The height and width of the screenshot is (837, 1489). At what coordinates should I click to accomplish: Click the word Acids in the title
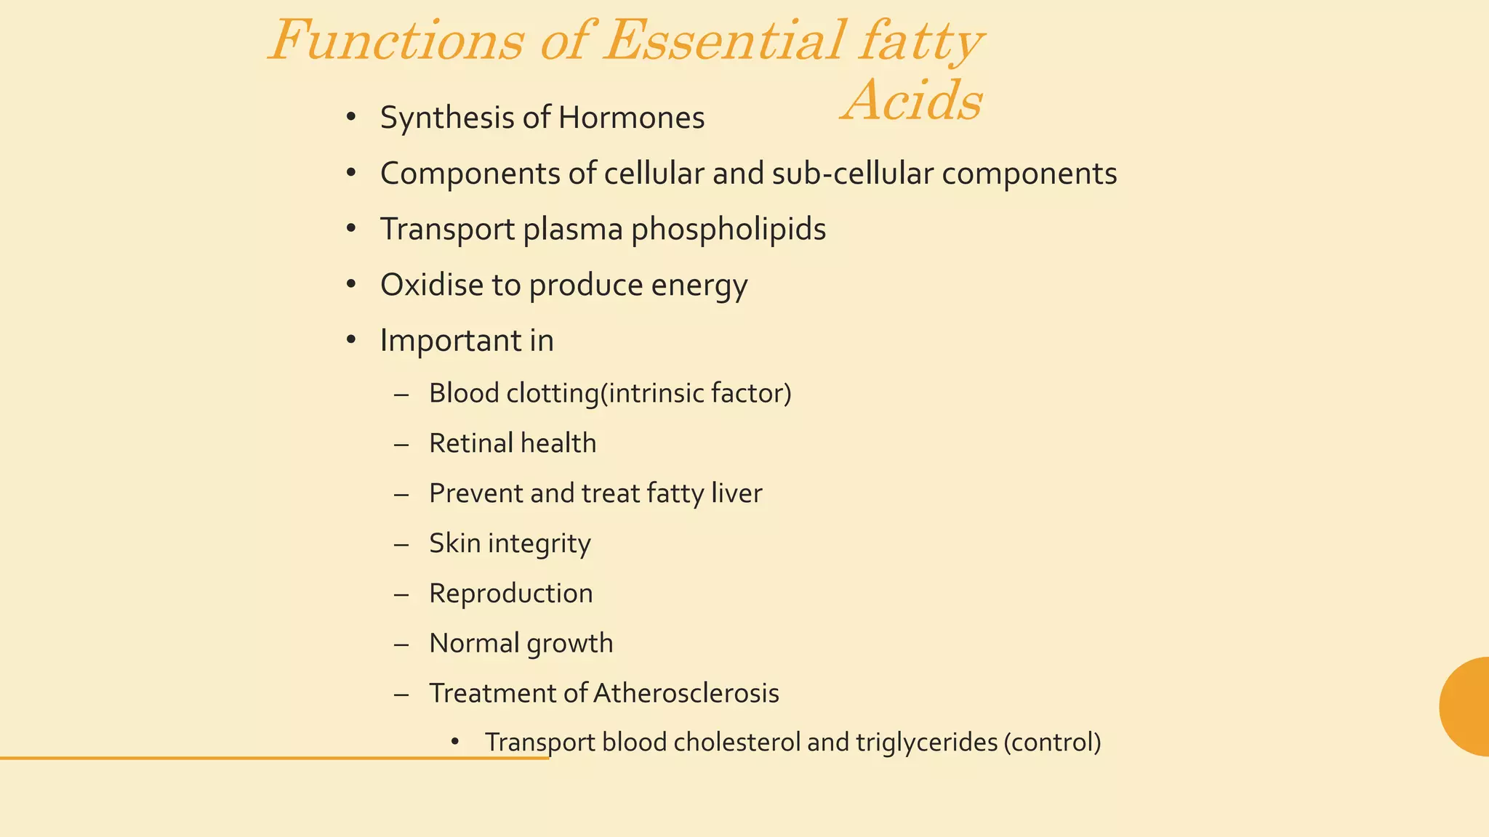[x=913, y=100]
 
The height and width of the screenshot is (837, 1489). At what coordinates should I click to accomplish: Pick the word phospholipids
[x=728, y=230]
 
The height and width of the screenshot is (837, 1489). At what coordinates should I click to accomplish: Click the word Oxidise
[x=432, y=285]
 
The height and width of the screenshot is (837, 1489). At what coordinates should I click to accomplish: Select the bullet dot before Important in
[x=351, y=339]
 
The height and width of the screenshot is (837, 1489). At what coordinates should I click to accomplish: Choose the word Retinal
[x=470, y=443]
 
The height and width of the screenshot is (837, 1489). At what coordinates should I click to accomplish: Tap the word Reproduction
[x=510, y=594]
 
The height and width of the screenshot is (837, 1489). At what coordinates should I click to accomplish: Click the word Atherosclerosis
[x=686, y=693]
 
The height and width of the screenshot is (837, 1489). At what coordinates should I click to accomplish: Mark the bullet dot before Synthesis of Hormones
[x=351, y=117]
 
